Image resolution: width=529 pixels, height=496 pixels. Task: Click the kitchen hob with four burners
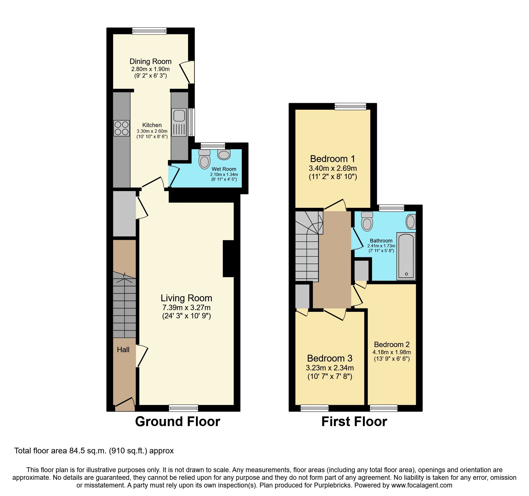[121, 128]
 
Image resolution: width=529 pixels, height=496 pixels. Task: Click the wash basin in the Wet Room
[224, 155]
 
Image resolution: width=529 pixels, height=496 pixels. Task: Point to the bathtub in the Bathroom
[406, 256]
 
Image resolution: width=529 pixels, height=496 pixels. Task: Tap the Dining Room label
[150, 61]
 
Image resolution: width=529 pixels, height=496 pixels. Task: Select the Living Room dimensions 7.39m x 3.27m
[186, 308]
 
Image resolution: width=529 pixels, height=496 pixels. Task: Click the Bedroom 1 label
[332, 159]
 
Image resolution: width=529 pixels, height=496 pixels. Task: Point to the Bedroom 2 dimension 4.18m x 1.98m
[392, 352]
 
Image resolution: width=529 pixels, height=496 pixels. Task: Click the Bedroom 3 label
[330, 358]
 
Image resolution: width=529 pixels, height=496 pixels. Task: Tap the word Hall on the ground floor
[123, 350]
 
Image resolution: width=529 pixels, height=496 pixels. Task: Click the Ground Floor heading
[177, 422]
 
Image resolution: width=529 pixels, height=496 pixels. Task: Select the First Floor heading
[354, 422]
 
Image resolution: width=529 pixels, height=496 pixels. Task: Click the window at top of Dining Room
[149, 31]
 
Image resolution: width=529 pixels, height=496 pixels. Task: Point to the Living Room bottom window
[183, 408]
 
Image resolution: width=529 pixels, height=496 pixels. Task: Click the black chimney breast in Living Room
[228, 259]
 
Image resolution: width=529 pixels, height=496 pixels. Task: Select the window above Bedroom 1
[350, 106]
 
